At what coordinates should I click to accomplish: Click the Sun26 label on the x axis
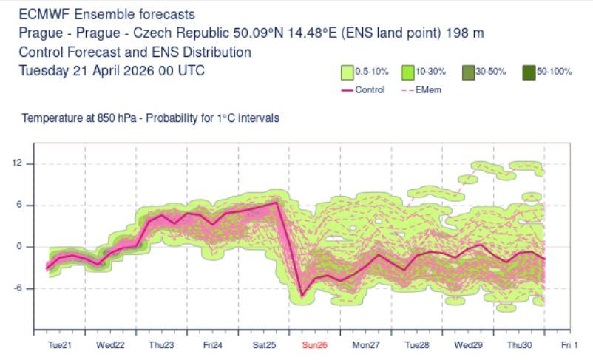coord(314,345)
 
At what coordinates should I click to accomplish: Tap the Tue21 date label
coord(59,345)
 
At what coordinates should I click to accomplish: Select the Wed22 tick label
coord(110,345)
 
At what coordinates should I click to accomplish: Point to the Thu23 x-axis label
coord(161,345)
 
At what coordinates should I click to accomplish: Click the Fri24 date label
coord(212,345)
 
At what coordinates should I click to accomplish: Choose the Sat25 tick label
coord(263,345)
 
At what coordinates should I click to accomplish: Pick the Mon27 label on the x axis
coord(365,345)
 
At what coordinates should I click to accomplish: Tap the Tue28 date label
coord(416,345)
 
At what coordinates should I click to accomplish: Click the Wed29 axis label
coord(468,345)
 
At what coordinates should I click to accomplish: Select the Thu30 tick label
coord(518,345)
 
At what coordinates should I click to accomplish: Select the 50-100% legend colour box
coord(528,72)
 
